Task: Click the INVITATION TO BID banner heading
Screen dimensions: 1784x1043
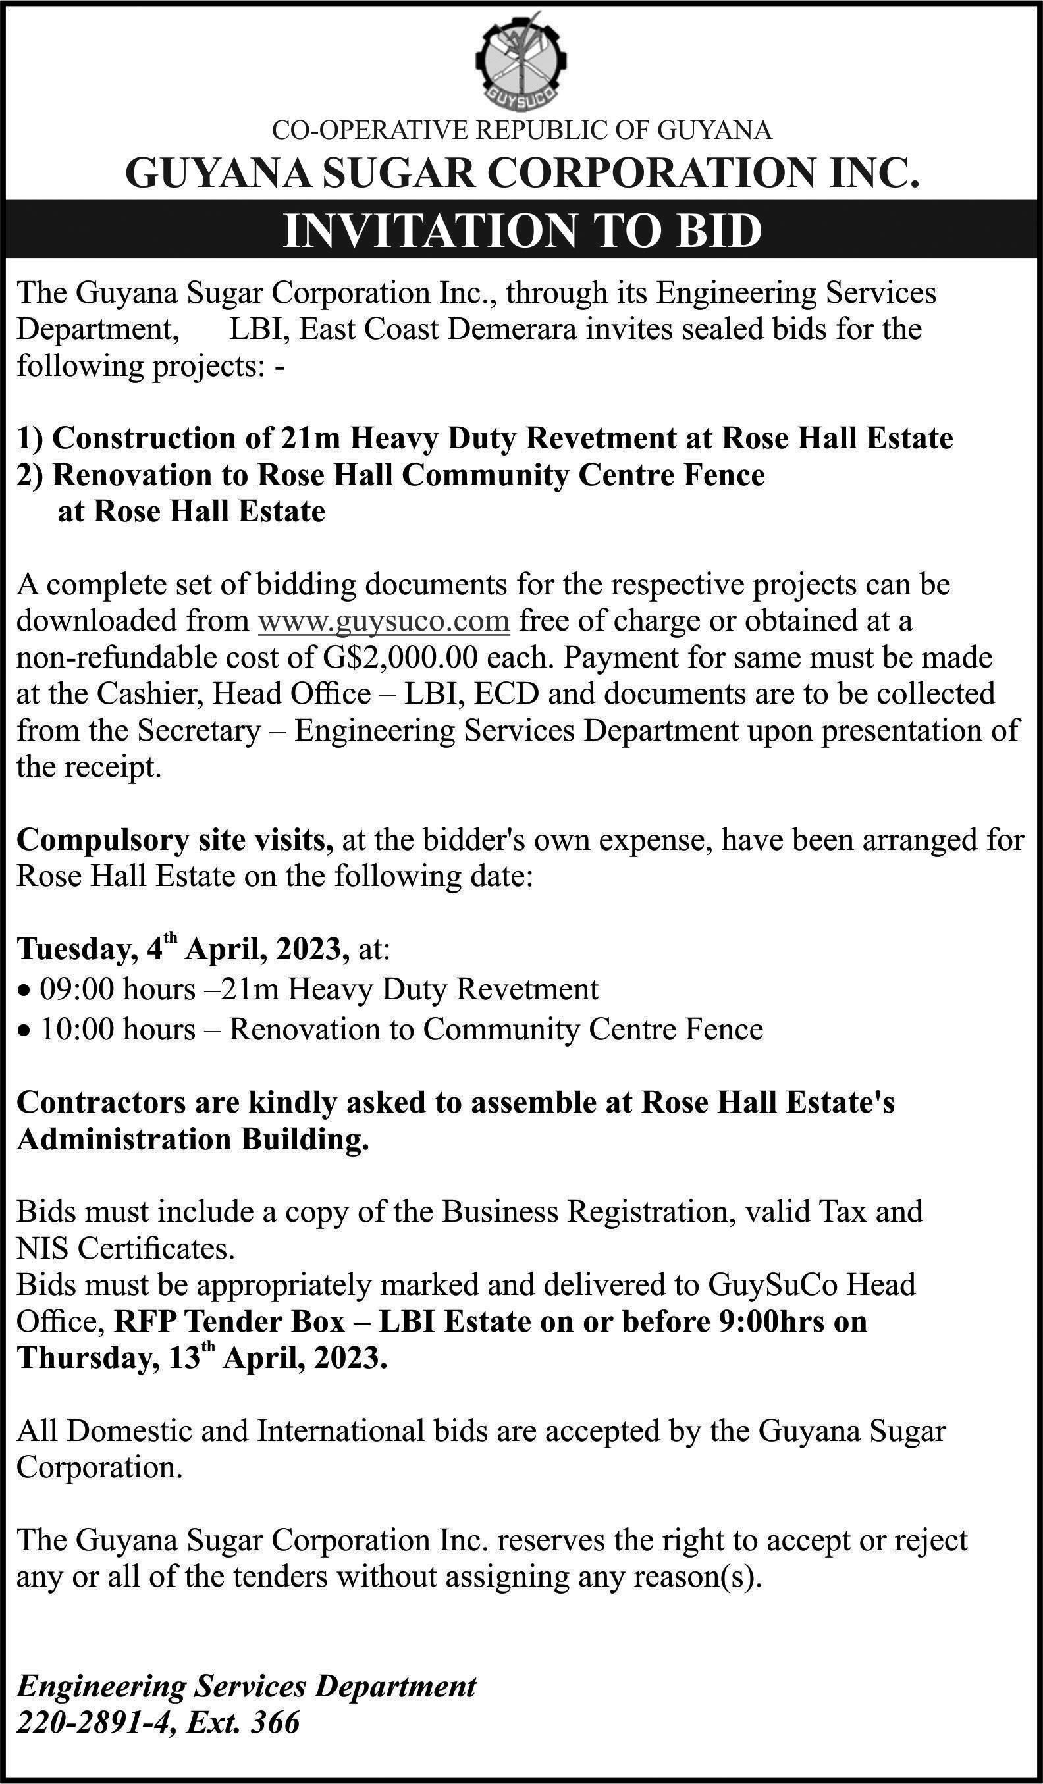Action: click(x=522, y=230)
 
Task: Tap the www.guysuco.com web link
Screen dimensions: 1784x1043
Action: click(x=384, y=621)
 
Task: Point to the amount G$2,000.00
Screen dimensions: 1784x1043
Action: click(x=402, y=658)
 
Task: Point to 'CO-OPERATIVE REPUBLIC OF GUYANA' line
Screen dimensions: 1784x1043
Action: click(x=522, y=130)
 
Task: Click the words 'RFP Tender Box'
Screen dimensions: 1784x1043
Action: click(x=229, y=1322)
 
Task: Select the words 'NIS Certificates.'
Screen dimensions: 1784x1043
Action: click(x=125, y=1248)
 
